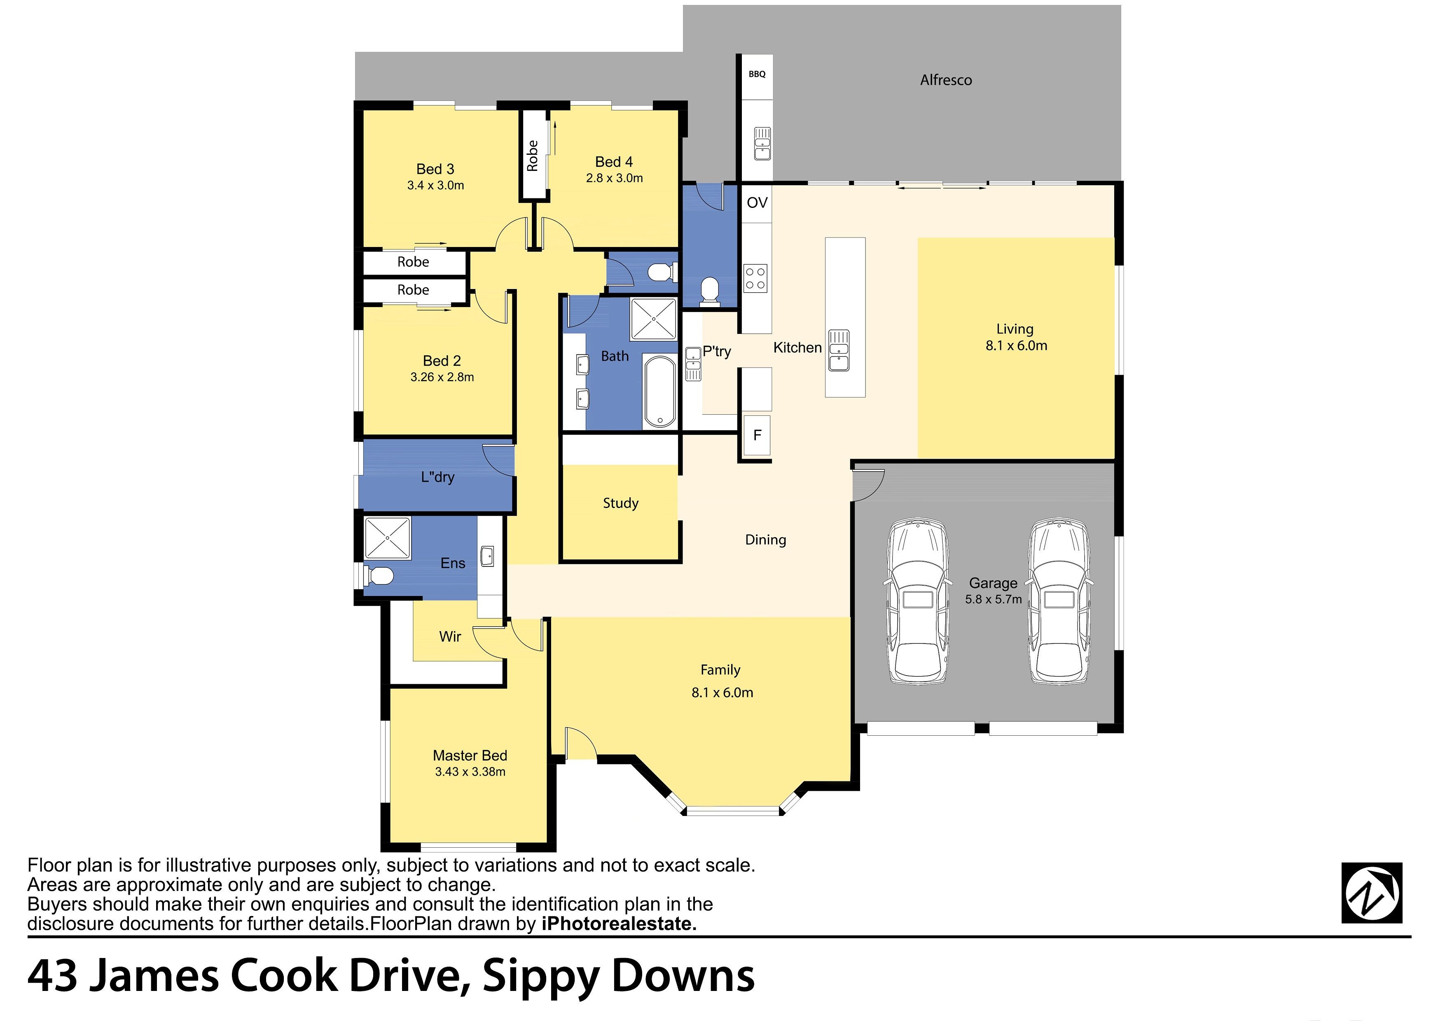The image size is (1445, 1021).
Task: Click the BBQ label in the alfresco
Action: [757, 74]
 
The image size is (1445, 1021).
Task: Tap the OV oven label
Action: [757, 203]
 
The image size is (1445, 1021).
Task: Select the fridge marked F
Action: [757, 435]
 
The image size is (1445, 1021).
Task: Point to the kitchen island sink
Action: [839, 350]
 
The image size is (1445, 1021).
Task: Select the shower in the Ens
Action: [387, 538]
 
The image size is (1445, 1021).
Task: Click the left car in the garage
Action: [917, 601]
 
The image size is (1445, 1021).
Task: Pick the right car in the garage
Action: [1059, 601]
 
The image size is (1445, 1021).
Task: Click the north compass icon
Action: [1372, 893]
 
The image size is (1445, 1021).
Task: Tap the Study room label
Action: [620, 503]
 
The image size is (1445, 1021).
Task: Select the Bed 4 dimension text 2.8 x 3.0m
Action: [614, 178]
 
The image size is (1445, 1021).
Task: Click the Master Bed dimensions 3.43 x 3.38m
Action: [470, 772]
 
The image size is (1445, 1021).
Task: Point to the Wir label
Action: [450, 636]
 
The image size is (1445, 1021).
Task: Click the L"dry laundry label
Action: [437, 477]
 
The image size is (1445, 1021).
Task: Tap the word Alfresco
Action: [946, 80]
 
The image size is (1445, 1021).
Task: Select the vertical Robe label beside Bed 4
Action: [533, 155]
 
